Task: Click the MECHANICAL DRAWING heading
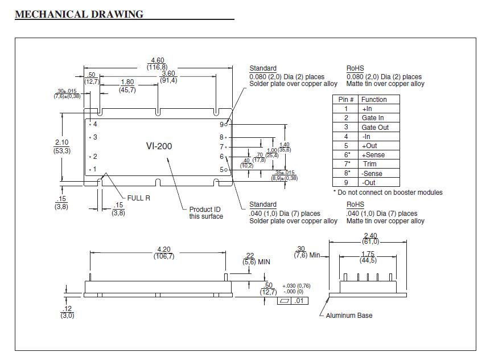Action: (x=79, y=14)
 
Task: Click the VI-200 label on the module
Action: (x=159, y=146)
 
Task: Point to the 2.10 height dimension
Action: (x=62, y=142)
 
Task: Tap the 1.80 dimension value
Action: (x=127, y=82)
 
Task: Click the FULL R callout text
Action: (x=138, y=198)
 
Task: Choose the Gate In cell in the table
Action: (x=373, y=118)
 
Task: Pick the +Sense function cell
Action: (x=373, y=155)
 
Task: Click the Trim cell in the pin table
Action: (x=370, y=164)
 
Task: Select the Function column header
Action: (x=374, y=99)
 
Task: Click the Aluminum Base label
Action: (x=349, y=315)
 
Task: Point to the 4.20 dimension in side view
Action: (x=163, y=249)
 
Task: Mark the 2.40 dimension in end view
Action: (x=370, y=236)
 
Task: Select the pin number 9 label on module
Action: (x=221, y=124)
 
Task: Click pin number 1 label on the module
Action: (x=94, y=169)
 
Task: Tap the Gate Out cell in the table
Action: (x=375, y=127)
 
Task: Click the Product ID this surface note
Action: (x=206, y=213)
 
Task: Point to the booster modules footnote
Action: (x=388, y=193)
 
